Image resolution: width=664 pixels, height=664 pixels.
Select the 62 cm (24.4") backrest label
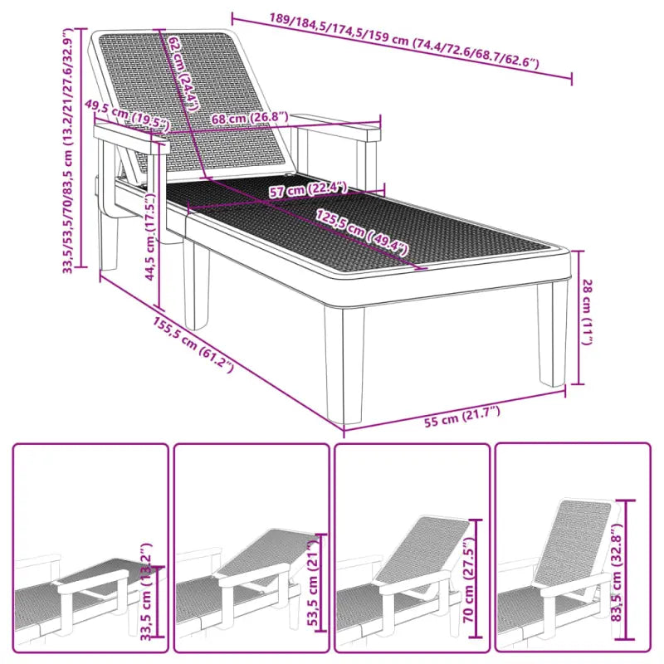[x=184, y=73]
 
